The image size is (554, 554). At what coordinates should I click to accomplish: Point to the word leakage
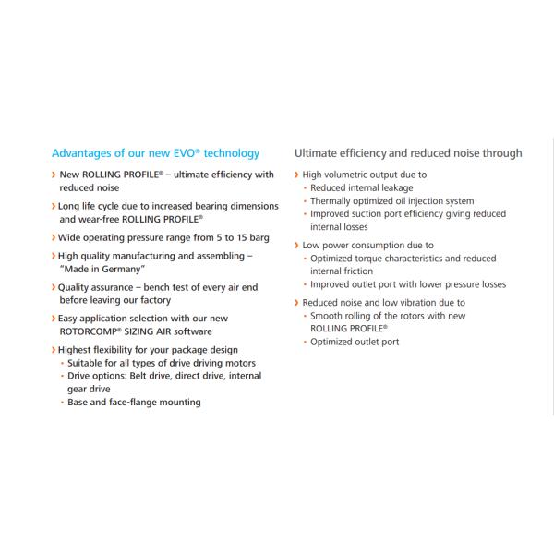pos(414,187)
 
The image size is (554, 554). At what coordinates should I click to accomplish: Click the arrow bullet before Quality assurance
pos(54,287)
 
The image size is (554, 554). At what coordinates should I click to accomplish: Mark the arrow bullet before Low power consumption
pos(297,246)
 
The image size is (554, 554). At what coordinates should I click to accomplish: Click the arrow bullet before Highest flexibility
pos(54,350)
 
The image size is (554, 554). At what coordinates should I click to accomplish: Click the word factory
pos(152,300)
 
